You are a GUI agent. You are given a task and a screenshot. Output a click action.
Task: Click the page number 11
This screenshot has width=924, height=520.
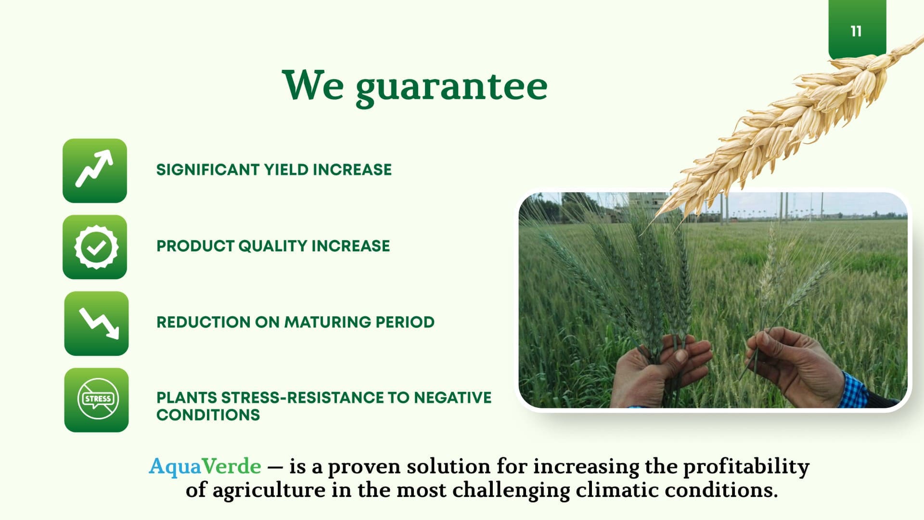point(856,31)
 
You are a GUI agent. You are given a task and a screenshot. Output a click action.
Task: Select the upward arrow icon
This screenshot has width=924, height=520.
point(95,170)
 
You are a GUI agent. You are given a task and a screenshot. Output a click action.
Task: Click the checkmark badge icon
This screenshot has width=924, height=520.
point(95,247)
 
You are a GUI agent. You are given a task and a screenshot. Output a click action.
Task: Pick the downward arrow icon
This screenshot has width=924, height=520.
point(96,324)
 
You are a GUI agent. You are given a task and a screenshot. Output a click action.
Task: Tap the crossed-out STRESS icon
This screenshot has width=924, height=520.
point(96,400)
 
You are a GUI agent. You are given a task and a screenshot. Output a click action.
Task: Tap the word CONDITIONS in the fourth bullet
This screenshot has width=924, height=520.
point(208,415)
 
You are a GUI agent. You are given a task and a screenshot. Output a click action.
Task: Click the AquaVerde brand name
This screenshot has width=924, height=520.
point(205,467)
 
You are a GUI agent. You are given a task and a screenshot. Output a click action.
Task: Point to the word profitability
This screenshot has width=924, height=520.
point(746,467)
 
